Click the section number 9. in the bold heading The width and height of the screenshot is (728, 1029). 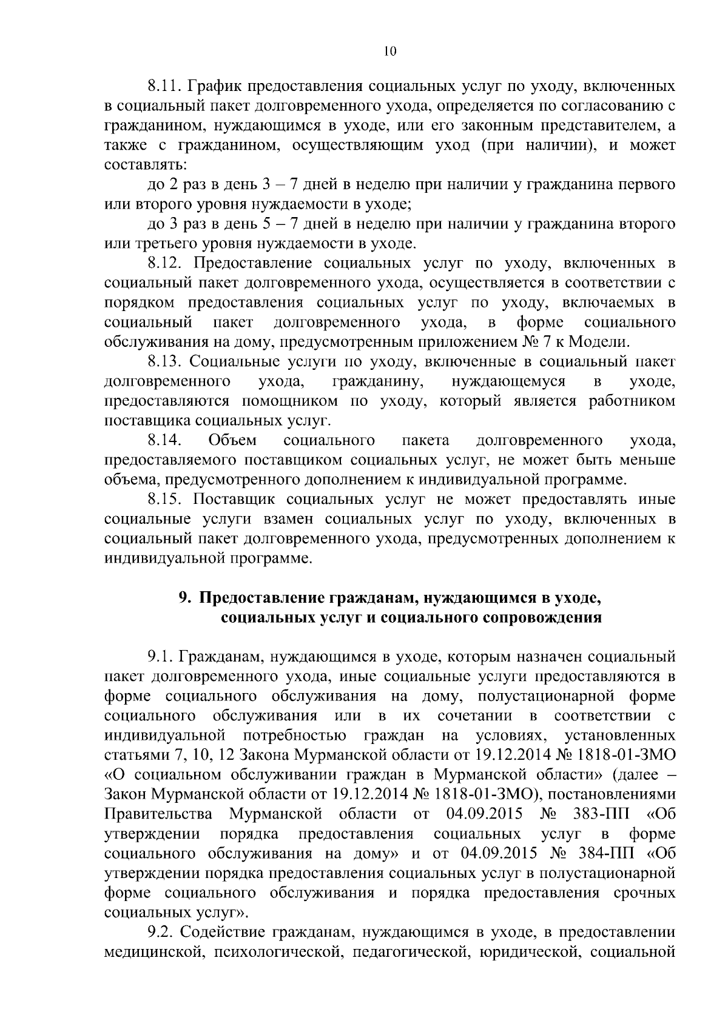click(184, 598)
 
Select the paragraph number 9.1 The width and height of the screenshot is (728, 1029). click(160, 657)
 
